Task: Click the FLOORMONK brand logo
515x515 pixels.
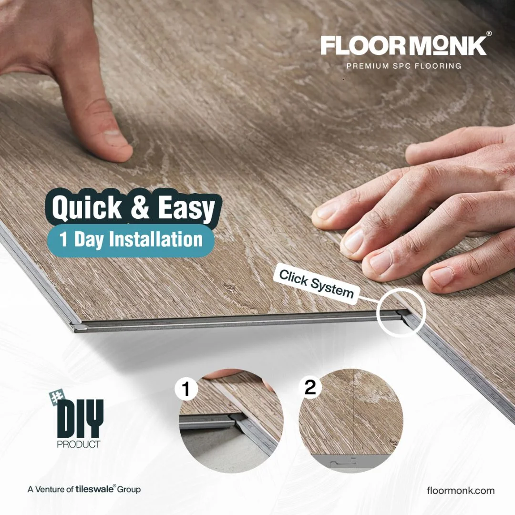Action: (404, 45)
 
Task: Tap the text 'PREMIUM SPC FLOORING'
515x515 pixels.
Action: (404, 66)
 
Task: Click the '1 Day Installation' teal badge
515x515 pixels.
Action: (131, 239)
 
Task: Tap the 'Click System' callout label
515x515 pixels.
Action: (316, 284)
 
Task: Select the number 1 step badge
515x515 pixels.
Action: (186, 389)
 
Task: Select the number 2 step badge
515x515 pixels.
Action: (310, 387)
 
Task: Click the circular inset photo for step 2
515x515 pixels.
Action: (351, 421)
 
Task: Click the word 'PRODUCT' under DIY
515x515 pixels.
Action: (79, 444)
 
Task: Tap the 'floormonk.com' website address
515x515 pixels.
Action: (461, 491)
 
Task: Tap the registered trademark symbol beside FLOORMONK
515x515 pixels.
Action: (489, 33)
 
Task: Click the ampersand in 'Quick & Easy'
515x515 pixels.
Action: (140, 207)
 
